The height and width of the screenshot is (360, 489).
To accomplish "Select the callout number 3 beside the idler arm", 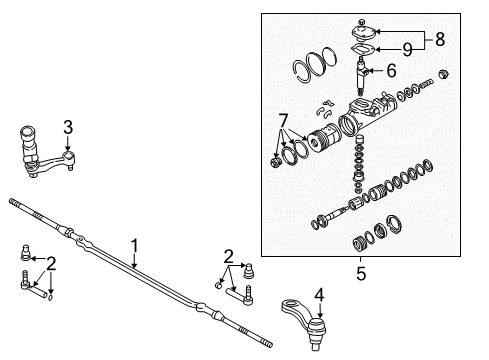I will [x=68, y=126].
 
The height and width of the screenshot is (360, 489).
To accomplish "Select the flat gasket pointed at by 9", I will [x=363, y=52].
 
